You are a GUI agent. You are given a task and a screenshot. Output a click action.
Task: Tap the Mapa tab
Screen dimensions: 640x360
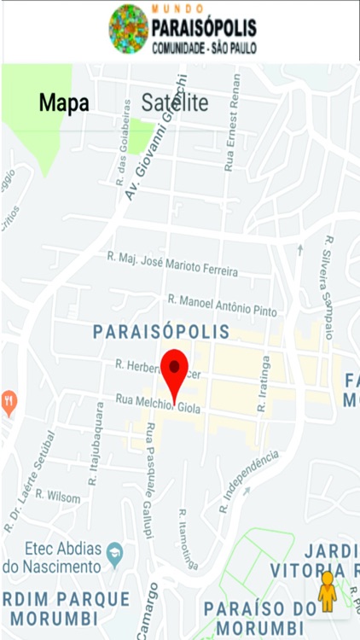point(64,103)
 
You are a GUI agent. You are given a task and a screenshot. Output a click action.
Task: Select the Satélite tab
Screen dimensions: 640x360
point(175,103)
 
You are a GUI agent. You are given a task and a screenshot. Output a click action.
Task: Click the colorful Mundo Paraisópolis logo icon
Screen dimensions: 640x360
point(129,29)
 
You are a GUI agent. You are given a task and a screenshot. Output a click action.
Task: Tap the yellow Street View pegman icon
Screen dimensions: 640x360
point(327,591)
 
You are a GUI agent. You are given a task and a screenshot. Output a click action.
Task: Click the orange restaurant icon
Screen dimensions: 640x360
point(9,401)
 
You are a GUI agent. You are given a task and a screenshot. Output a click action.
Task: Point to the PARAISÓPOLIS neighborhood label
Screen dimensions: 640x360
point(161,331)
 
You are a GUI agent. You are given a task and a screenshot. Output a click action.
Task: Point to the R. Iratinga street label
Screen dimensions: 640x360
point(264,384)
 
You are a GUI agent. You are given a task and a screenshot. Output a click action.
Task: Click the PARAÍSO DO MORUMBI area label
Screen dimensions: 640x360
point(260,616)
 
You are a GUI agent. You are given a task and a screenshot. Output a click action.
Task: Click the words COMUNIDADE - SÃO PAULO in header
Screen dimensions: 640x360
point(203,50)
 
